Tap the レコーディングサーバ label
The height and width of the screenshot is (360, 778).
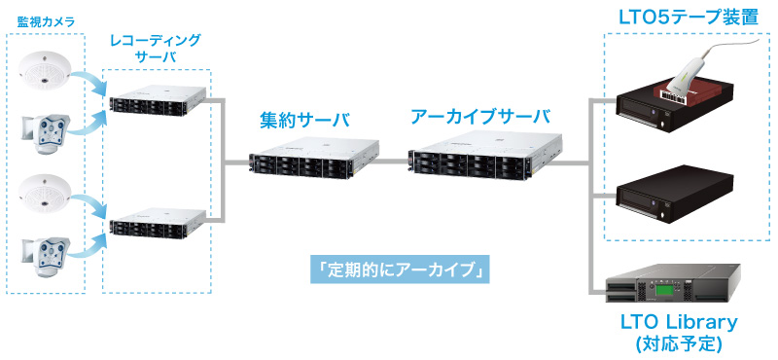155,48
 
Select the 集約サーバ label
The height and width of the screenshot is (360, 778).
304,120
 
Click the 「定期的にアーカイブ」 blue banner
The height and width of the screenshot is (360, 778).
397,270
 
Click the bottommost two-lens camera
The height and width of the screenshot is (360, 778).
46,254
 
